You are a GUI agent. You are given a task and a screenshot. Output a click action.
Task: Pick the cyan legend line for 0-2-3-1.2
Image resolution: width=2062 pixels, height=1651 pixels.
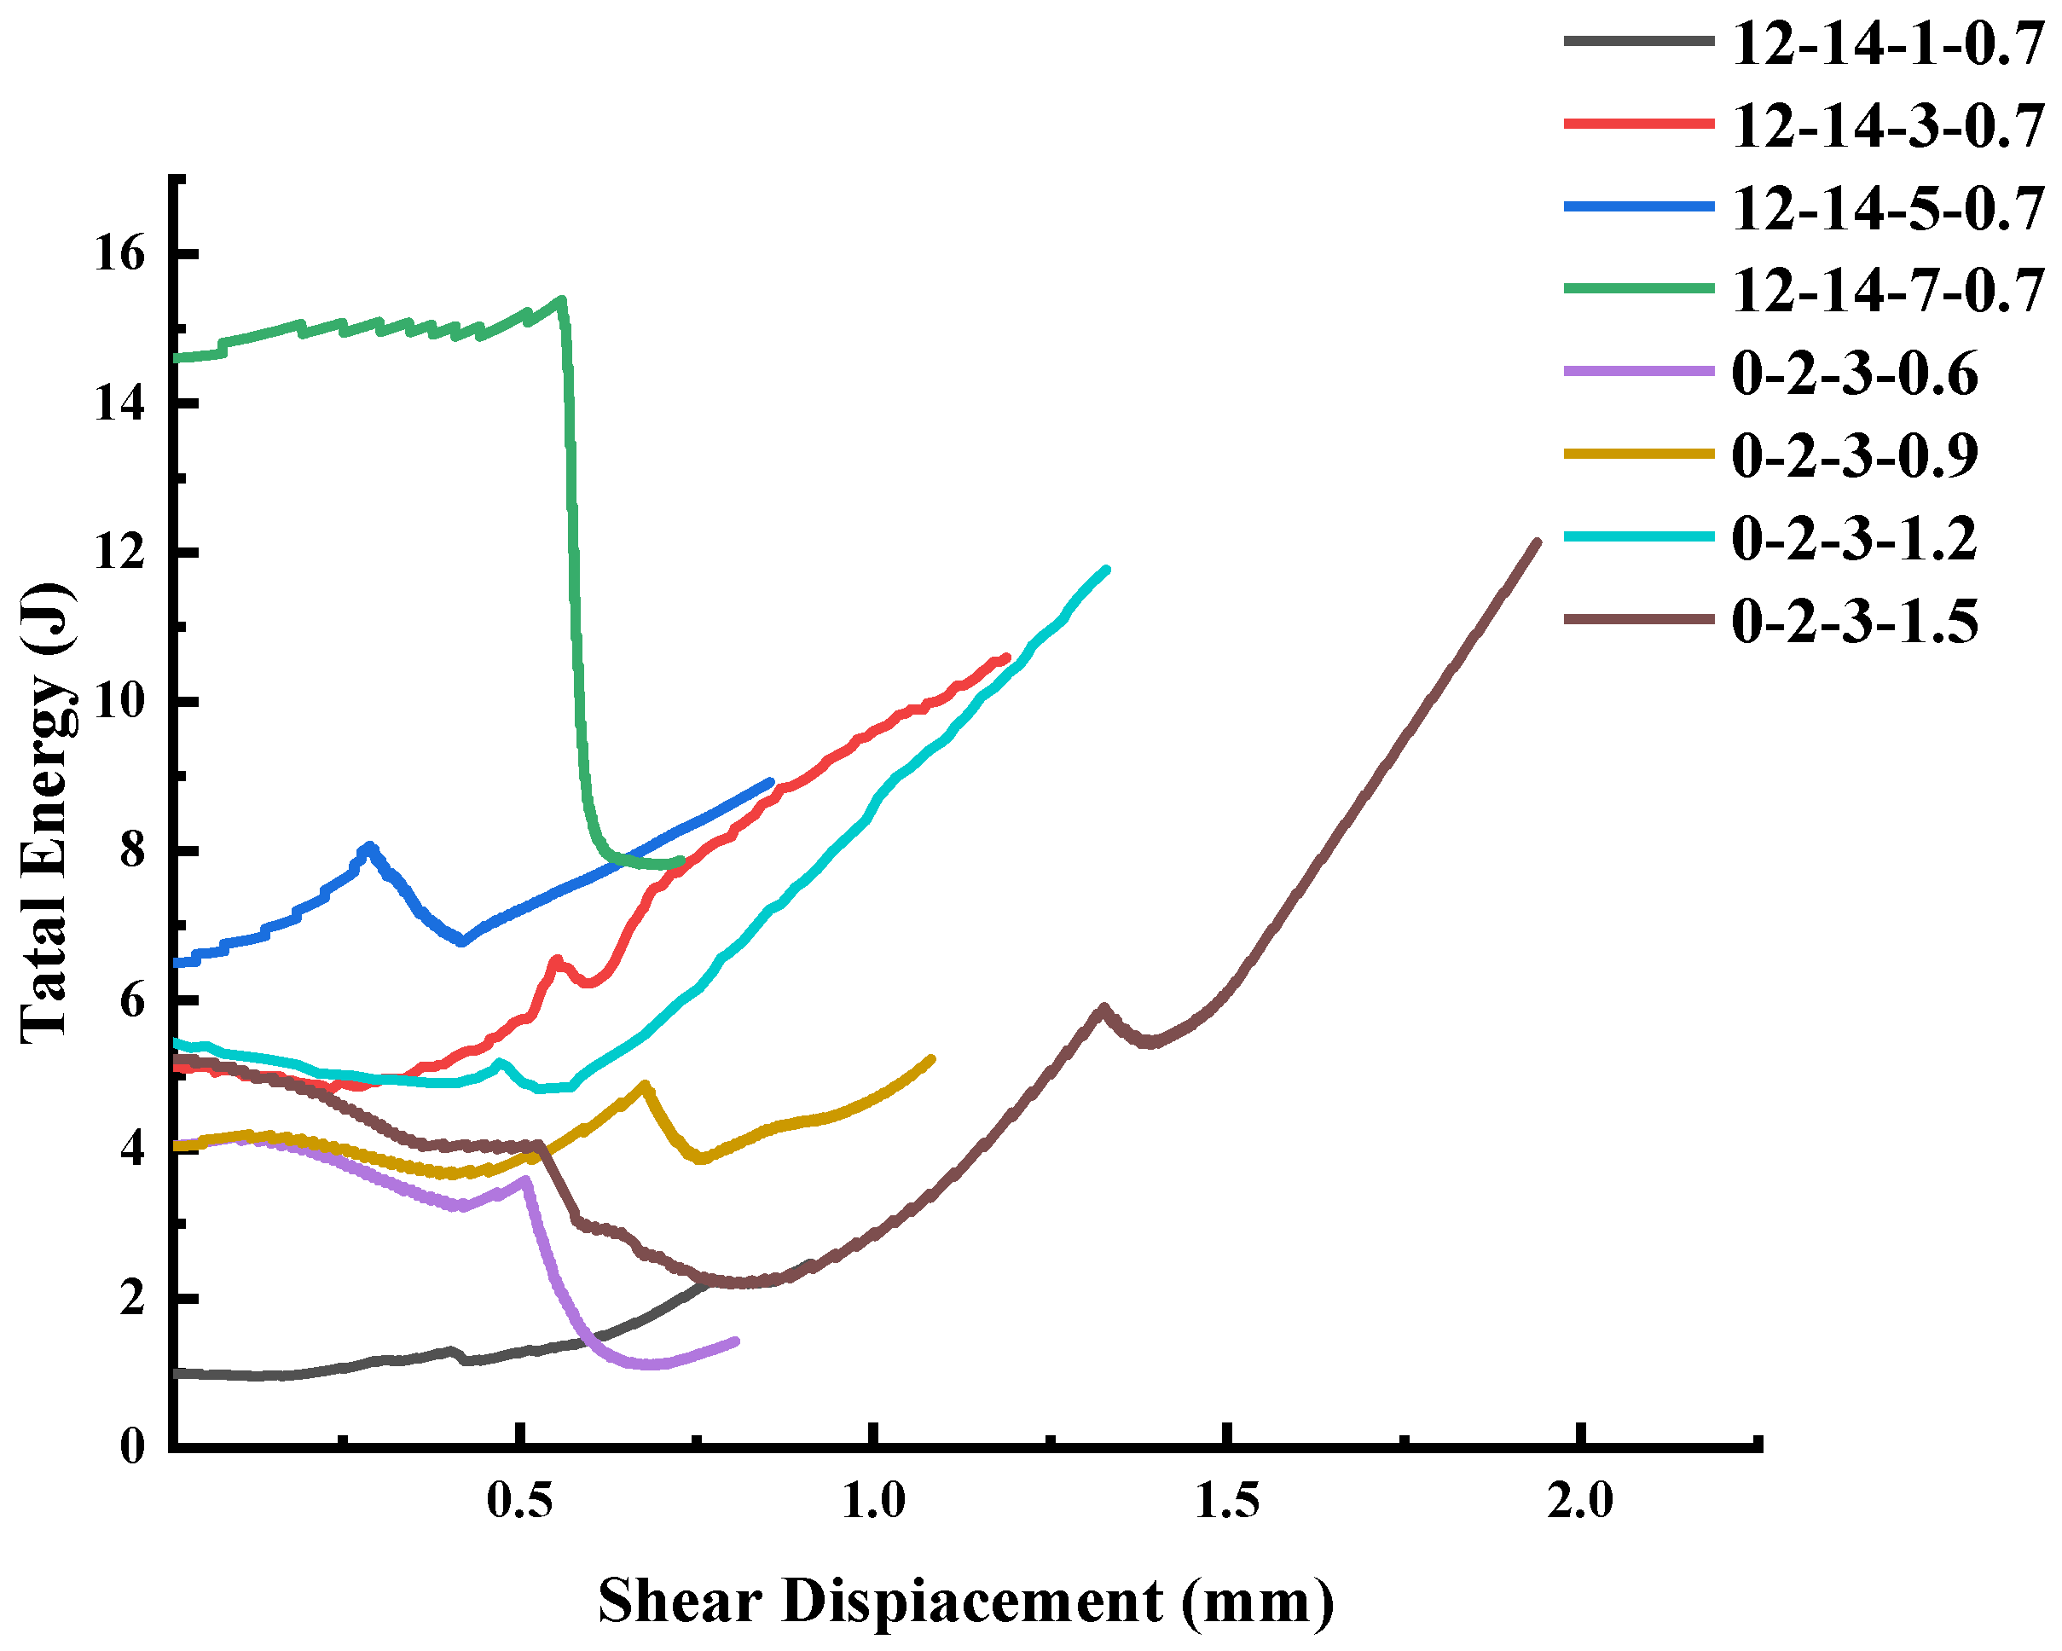pyautogui.click(x=1638, y=536)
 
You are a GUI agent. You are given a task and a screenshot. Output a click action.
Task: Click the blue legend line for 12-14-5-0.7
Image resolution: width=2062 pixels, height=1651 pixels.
pyautogui.click(x=1638, y=206)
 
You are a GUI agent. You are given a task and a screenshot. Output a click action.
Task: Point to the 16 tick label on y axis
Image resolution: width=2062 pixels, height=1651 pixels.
pyautogui.click(x=119, y=253)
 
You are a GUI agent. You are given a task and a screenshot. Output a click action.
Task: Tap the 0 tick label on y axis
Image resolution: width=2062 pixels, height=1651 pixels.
pyautogui.click(x=133, y=1446)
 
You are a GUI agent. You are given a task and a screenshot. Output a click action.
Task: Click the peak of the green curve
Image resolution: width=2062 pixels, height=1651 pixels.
pyautogui.click(x=561, y=300)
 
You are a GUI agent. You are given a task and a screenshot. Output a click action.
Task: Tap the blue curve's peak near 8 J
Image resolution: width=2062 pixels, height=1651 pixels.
pyautogui.click(x=369, y=847)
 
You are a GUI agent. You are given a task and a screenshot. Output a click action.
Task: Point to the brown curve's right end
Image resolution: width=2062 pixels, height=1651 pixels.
pyautogui.click(x=1537, y=542)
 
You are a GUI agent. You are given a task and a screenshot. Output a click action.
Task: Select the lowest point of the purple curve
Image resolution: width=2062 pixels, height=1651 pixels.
pyautogui.click(x=651, y=1364)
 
